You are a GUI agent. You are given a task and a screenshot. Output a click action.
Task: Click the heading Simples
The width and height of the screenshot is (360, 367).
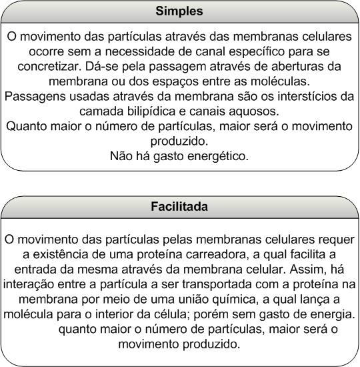pos(179,11)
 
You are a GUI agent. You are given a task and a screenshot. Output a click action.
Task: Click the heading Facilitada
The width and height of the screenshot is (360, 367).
pos(179,207)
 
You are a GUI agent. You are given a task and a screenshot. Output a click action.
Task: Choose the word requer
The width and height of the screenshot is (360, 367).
pos(335,239)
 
